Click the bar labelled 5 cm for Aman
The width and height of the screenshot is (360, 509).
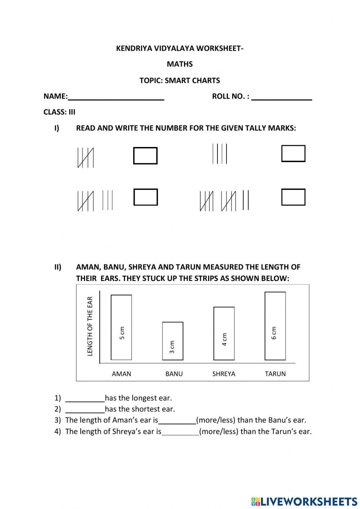pyautogui.click(x=121, y=327)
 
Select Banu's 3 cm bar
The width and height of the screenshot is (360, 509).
pyautogui.click(x=173, y=341)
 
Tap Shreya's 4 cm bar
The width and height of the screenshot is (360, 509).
pyautogui.click(x=224, y=333)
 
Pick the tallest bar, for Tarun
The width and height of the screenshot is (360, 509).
pyautogui.click(x=275, y=326)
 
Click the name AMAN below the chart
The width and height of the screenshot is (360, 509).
pyautogui.click(x=121, y=374)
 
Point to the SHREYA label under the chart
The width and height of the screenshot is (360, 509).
pyautogui.click(x=224, y=374)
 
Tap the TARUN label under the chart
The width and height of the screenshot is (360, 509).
pyautogui.click(x=275, y=374)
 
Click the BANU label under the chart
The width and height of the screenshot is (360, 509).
pyautogui.click(x=174, y=374)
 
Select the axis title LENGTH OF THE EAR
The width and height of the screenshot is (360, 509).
pyautogui.click(x=90, y=326)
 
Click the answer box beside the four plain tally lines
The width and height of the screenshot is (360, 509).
pyautogui.click(x=293, y=153)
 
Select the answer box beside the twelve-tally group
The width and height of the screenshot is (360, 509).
pyautogui.click(x=293, y=197)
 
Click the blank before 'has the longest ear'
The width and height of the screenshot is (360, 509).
pyautogui.click(x=85, y=398)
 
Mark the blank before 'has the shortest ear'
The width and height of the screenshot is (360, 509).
pyautogui.click(x=85, y=410)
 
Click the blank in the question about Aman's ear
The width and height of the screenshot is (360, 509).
pyautogui.click(x=177, y=421)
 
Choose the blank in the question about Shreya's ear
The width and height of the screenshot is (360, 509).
pyautogui.click(x=180, y=432)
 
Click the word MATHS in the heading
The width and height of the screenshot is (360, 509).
pyautogui.click(x=180, y=64)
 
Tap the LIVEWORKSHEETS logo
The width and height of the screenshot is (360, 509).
pyautogui.click(x=304, y=501)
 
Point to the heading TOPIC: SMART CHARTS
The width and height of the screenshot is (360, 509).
pyautogui.click(x=180, y=80)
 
